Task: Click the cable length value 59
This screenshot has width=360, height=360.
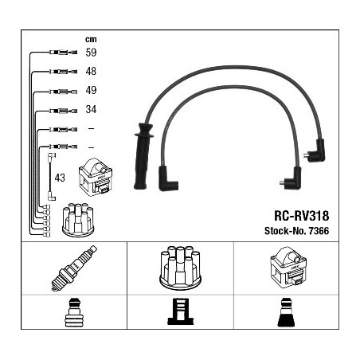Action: click(x=91, y=53)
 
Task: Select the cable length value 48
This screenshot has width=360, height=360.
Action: click(x=91, y=71)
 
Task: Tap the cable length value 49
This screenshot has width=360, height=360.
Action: click(x=91, y=90)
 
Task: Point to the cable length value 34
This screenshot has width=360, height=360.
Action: click(x=91, y=109)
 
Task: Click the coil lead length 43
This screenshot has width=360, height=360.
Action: click(x=60, y=178)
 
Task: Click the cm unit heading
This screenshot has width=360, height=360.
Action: click(x=91, y=40)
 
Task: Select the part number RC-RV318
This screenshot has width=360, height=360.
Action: click(x=302, y=216)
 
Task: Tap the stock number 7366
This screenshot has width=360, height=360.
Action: click(x=319, y=231)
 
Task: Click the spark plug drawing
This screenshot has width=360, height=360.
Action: click(x=74, y=268)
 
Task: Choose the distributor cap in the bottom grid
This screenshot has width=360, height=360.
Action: click(x=180, y=268)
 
